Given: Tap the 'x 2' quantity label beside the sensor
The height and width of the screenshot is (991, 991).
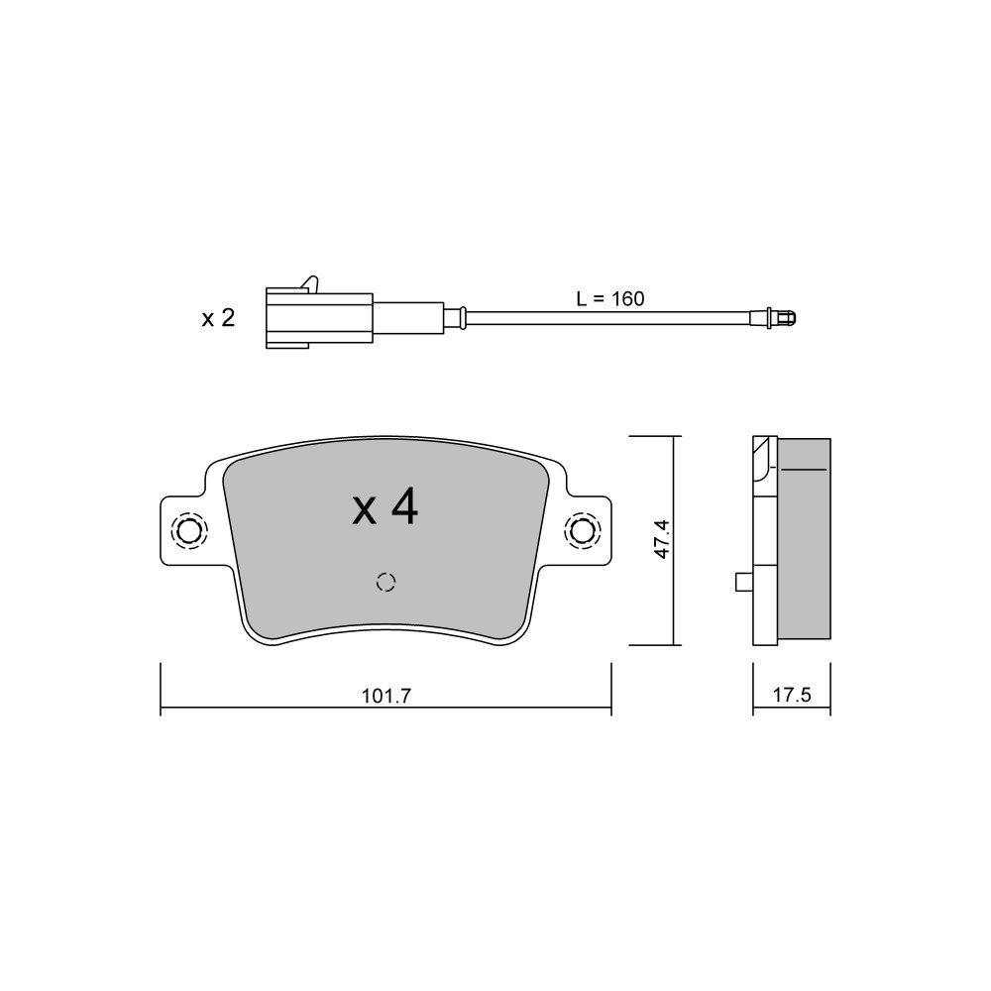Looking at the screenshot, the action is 218,318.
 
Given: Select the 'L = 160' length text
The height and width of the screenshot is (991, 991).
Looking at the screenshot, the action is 609,298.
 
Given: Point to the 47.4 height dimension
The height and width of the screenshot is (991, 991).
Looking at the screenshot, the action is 661,539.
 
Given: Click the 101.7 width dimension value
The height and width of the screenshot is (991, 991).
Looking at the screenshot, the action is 386,696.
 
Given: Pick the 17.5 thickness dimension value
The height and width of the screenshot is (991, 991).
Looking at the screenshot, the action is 791,696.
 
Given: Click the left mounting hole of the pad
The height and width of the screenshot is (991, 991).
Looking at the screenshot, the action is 189,531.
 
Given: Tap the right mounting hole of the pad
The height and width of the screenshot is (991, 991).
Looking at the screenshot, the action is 582,529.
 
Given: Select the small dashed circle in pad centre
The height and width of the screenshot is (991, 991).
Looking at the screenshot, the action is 385,582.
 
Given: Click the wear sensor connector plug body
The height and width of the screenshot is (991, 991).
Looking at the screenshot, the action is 319,318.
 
